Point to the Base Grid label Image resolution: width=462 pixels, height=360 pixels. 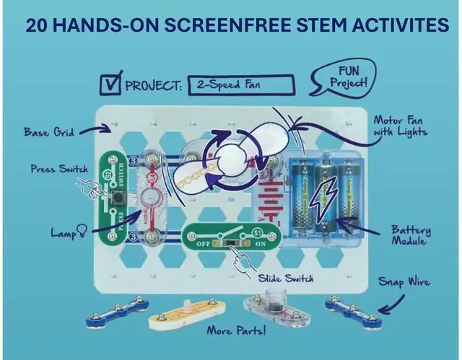48,133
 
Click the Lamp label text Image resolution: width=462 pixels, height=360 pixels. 62,233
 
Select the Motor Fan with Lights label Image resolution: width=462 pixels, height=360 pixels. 400,126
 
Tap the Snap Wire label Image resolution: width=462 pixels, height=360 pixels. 405,281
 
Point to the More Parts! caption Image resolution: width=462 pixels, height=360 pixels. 235,332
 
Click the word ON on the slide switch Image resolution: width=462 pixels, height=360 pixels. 263,244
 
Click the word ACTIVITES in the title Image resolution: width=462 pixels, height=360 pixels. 402,25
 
